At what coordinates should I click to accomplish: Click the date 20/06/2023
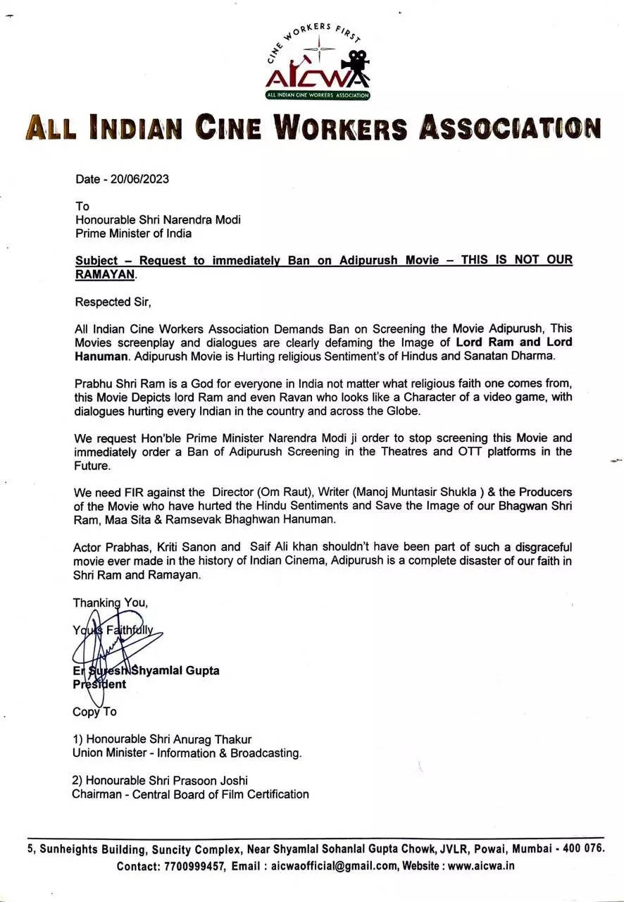tap(139, 179)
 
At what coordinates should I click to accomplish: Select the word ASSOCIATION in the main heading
tap(511, 128)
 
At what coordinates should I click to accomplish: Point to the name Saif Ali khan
tap(288, 548)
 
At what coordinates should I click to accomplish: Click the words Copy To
tap(94, 712)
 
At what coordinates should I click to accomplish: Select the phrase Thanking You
tap(110, 603)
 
